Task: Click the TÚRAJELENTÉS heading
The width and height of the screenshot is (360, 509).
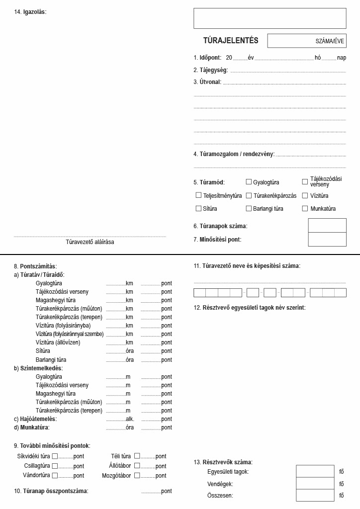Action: tap(231, 41)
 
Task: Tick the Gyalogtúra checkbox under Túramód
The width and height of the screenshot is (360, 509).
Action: tap(249, 182)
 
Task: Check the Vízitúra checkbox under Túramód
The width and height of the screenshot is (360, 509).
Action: tap(305, 195)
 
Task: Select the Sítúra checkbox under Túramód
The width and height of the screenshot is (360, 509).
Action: tap(198, 208)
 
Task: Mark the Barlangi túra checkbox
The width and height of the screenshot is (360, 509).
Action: tap(249, 208)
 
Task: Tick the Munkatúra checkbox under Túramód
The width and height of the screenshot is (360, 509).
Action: tap(305, 208)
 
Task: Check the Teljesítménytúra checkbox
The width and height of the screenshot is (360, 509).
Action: tap(198, 195)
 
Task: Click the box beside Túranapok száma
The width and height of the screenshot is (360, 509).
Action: tap(327, 226)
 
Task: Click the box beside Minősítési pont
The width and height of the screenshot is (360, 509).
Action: tap(327, 239)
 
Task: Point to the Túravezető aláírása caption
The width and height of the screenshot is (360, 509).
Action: tap(90, 242)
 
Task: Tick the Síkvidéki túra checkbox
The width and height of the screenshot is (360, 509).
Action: tap(55, 456)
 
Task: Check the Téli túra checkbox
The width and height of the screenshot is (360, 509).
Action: tap(137, 456)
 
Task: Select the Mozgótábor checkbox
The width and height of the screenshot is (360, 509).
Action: tap(137, 475)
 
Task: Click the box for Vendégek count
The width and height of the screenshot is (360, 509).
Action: tap(315, 483)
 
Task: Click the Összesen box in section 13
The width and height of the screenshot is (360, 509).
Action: tap(315, 495)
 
